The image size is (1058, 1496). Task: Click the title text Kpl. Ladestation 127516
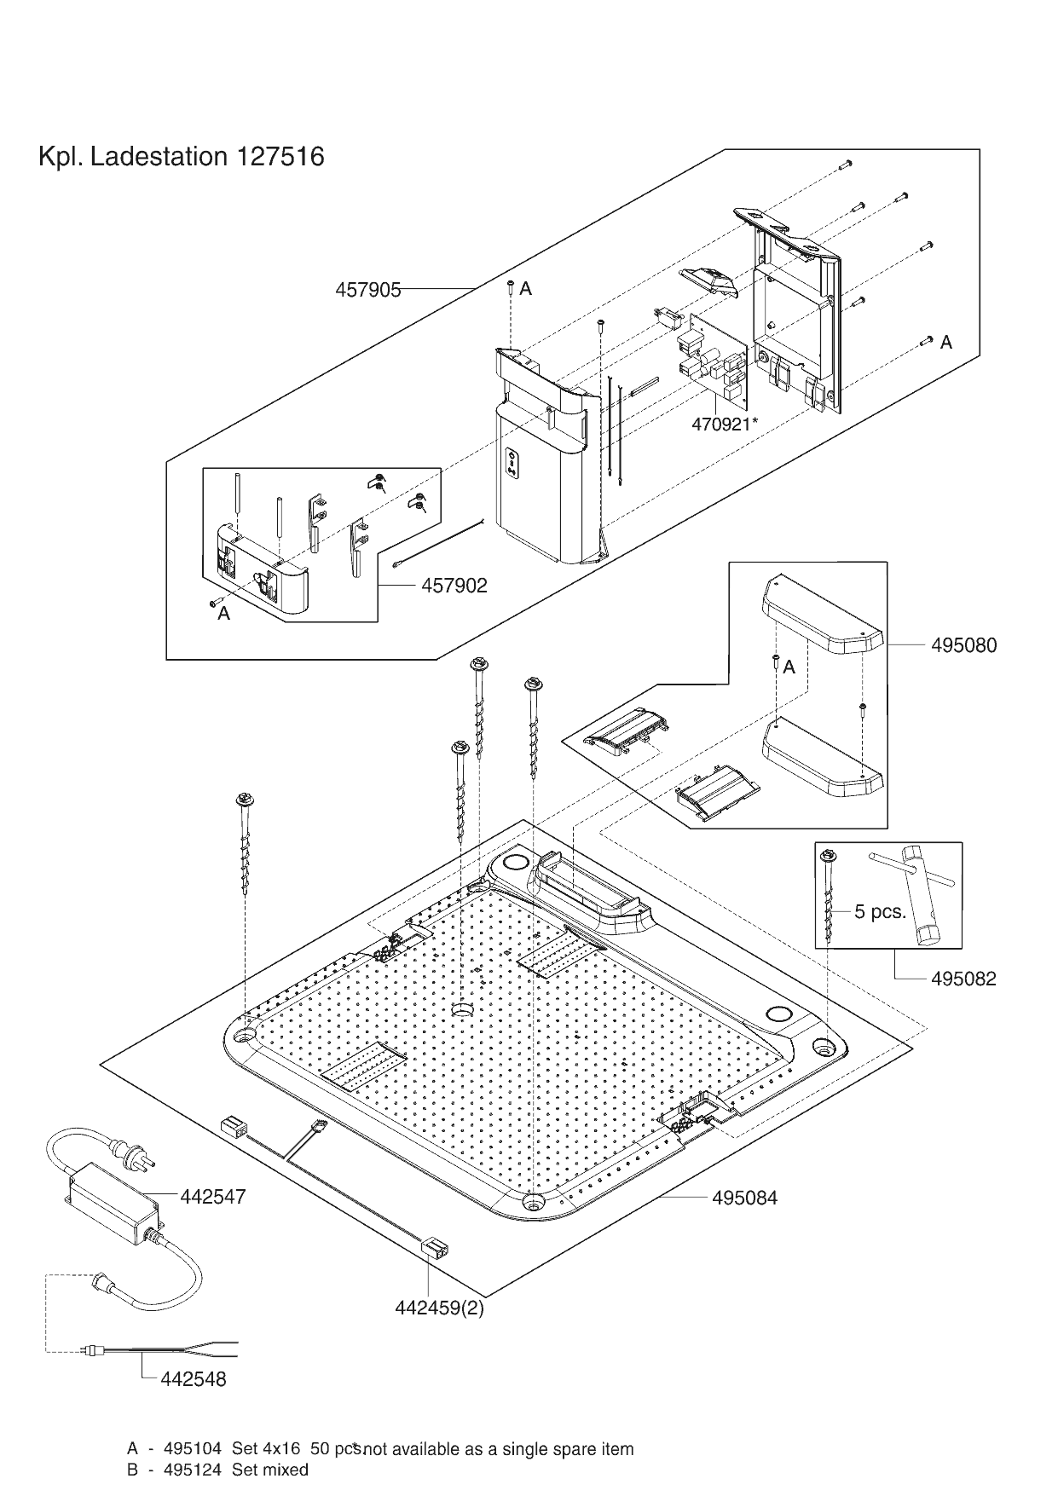click(182, 158)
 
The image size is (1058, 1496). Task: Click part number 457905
click(367, 290)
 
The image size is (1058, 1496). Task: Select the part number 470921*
click(724, 424)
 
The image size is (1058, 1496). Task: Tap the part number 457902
click(454, 586)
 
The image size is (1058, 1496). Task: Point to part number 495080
click(963, 645)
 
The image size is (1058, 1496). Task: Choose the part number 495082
click(963, 979)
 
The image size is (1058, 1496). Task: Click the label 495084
click(744, 1199)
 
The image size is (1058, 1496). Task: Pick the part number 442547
click(213, 1197)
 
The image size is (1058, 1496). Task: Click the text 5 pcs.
click(880, 912)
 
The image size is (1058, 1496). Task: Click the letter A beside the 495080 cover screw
click(789, 667)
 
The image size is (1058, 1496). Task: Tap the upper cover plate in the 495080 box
click(823, 611)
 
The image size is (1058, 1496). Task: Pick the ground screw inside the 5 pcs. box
click(827, 895)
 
